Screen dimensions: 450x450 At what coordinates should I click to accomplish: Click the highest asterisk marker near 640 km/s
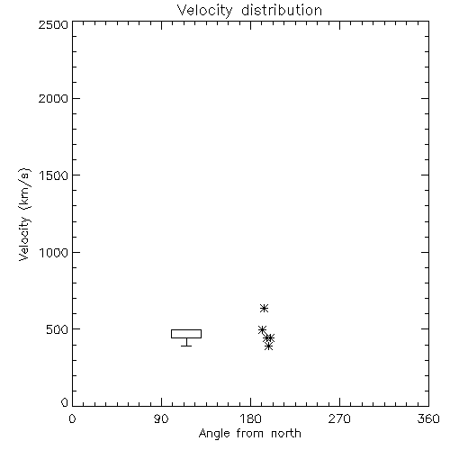(x=264, y=308)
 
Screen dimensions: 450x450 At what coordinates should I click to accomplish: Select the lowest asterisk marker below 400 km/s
(x=269, y=346)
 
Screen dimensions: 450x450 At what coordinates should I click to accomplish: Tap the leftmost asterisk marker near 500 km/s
(x=262, y=329)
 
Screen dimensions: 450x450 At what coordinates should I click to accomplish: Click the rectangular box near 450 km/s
(x=186, y=329)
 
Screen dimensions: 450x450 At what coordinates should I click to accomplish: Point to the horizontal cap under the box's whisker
(x=186, y=346)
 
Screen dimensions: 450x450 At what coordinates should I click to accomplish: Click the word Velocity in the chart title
(x=205, y=11)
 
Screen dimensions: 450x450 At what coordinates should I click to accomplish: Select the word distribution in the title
(x=282, y=10)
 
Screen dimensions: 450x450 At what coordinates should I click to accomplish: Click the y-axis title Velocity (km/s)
(x=24, y=215)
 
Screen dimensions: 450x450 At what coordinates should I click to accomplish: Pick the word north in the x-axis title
(x=286, y=433)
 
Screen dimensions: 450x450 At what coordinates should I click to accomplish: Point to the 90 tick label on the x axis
(x=161, y=418)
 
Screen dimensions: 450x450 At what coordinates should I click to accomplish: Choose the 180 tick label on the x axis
(x=250, y=418)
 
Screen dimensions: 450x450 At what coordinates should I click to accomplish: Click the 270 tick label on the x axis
(x=339, y=418)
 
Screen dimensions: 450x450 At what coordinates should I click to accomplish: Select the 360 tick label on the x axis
(x=428, y=418)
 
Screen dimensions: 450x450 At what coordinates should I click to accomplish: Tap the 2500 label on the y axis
(x=53, y=24)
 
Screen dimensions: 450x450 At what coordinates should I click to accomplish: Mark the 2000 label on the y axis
(x=53, y=98)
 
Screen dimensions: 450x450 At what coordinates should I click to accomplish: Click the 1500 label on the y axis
(x=54, y=175)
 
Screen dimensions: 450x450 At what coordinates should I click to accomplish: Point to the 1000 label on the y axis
(x=54, y=253)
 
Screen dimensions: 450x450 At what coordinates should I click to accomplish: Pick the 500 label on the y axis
(x=58, y=329)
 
